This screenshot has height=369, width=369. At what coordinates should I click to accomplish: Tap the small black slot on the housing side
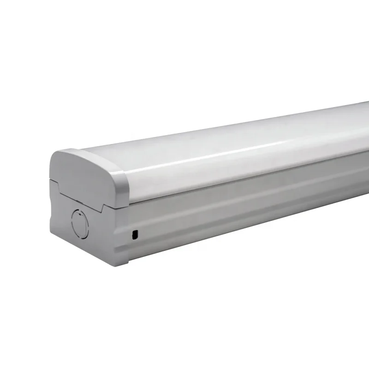[134, 235]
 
